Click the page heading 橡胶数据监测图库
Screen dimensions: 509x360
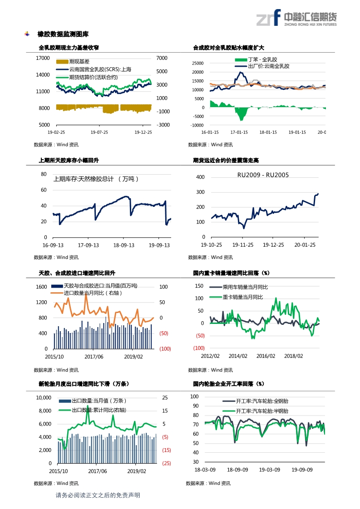(x=63, y=34)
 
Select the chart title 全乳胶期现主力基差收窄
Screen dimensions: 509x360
(x=69, y=47)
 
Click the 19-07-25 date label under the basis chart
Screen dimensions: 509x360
(x=99, y=132)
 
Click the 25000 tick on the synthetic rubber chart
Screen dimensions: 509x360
(x=198, y=64)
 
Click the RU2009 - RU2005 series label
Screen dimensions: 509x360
(x=263, y=175)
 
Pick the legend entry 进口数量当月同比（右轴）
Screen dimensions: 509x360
(x=93, y=293)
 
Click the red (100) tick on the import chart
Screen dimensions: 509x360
(x=165, y=348)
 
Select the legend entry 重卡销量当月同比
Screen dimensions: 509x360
(x=242, y=297)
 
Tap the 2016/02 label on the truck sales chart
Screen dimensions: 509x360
(x=266, y=356)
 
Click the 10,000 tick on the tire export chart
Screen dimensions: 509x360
(x=43, y=398)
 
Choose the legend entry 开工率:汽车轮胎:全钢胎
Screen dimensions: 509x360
(x=262, y=401)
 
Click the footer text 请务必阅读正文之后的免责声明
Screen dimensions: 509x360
(x=98, y=495)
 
